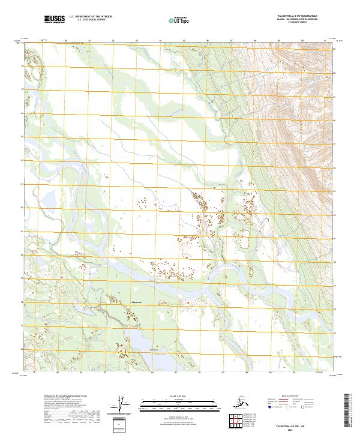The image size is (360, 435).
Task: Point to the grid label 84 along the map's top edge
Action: point(160,41)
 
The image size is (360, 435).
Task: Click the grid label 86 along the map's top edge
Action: point(207,41)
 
